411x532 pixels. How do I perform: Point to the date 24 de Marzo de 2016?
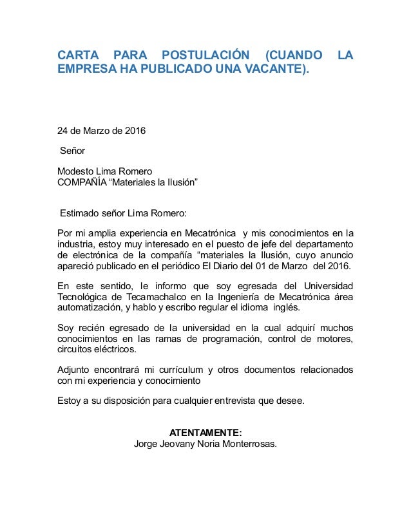pyautogui.click(x=101, y=131)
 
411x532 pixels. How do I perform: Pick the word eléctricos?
pyautogui.click(x=115, y=349)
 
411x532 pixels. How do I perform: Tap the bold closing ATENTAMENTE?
pyautogui.click(x=205, y=432)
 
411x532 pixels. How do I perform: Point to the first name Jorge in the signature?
pyautogui.click(x=144, y=444)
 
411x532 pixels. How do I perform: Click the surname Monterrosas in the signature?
pyautogui.click(x=247, y=444)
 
